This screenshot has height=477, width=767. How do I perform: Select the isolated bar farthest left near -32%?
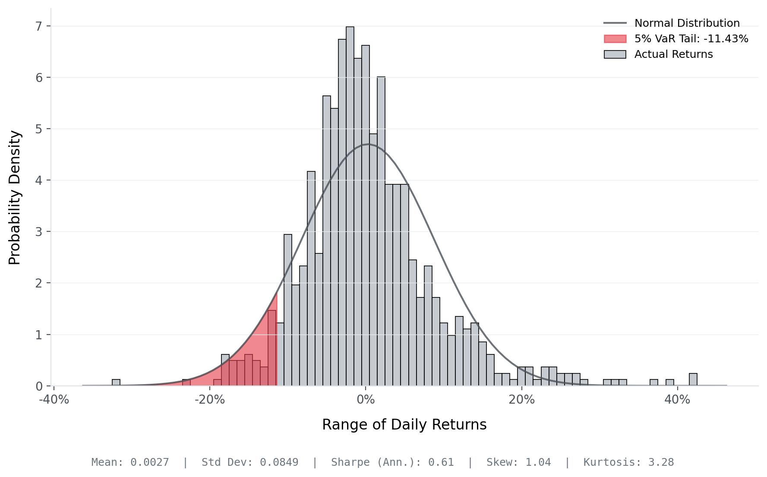pyautogui.click(x=116, y=382)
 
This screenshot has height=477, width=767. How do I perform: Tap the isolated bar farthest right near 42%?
pyautogui.click(x=693, y=380)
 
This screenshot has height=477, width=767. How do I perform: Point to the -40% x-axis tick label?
pyautogui.click(x=54, y=400)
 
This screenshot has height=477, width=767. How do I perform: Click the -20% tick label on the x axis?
pyautogui.click(x=210, y=400)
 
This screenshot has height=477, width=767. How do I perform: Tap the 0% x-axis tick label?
pyautogui.click(x=366, y=400)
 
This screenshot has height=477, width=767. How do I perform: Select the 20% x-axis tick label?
pyautogui.click(x=521, y=400)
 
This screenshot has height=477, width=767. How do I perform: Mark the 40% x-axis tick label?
pyautogui.click(x=677, y=400)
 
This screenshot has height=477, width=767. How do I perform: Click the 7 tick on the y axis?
pyautogui.click(x=39, y=26)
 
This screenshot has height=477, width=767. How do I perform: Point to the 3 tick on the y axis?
pyautogui.click(x=39, y=232)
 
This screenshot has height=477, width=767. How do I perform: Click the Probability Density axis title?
pyautogui.click(x=15, y=197)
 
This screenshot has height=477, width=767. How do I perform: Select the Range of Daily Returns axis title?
pyautogui.click(x=404, y=425)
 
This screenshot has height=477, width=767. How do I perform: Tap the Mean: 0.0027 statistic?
pyautogui.click(x=130, y=462)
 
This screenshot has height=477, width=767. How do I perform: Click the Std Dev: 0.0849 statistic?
pyautogui.click(x=250, y=462)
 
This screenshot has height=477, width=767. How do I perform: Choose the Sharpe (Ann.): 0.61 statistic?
pyautogui.click(x=392, y=462)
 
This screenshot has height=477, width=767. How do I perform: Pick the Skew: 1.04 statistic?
pyautogui.click(x=518, y=462)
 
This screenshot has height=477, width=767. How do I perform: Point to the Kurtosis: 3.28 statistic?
pyautogui.click(x=628, y=462)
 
